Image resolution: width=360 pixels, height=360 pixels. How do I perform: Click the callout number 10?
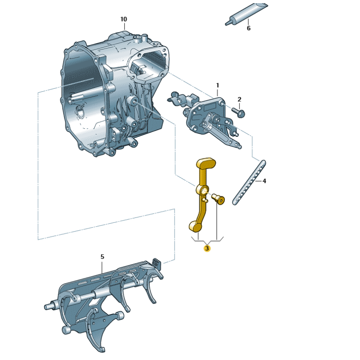point(124,19)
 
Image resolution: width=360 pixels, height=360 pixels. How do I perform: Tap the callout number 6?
point(248,28)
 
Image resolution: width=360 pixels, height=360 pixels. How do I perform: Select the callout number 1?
point(218,85)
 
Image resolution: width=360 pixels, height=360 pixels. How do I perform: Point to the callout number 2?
point(239,99)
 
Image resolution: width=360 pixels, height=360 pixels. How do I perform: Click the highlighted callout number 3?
point(207,247)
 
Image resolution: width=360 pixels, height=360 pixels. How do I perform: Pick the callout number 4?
point(264,181)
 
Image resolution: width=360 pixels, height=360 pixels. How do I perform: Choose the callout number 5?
point(102,256)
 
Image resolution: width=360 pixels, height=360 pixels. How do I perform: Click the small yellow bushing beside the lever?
point(219,198)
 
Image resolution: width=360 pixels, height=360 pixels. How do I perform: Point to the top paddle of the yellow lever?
point(206,162)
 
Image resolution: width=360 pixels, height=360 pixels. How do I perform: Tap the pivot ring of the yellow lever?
point(203,189)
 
